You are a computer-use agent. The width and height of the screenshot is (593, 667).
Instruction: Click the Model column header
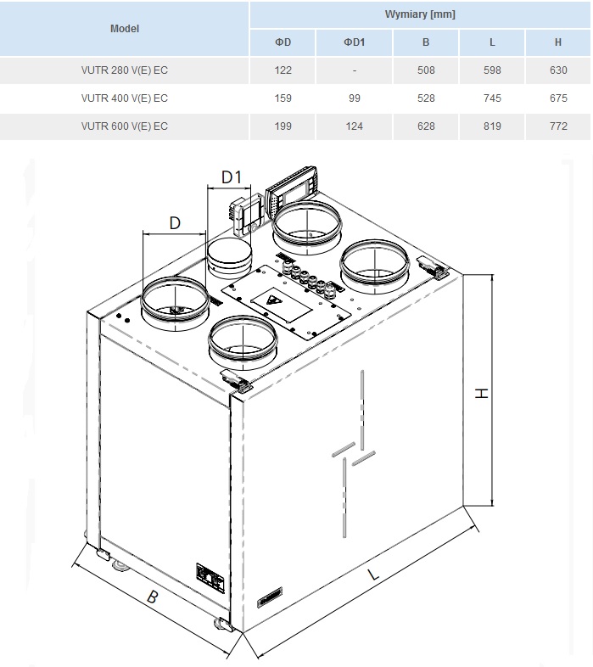124,29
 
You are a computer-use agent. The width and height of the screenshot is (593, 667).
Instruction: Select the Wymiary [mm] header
420,14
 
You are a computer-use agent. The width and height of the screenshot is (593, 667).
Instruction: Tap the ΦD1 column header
354,42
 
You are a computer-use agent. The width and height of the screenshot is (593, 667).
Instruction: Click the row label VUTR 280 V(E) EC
124,70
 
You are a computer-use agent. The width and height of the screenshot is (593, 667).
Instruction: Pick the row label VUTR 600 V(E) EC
124,126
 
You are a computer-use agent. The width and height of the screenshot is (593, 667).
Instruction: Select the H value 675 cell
558,98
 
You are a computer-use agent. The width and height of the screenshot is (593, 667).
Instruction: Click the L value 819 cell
492,126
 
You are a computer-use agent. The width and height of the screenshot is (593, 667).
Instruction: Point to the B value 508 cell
425,70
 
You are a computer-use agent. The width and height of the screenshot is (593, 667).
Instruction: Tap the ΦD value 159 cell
283,98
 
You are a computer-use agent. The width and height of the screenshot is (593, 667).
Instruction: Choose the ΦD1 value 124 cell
354,126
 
